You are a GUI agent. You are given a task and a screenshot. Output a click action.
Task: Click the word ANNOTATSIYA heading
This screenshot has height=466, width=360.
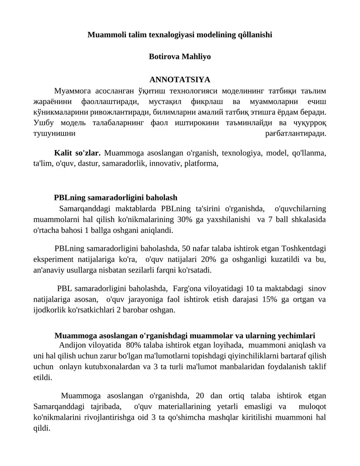pyautogui.click(x=180, y=80)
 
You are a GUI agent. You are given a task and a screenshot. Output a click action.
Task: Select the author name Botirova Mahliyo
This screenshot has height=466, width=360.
pyautogui.click(x=180, y=57)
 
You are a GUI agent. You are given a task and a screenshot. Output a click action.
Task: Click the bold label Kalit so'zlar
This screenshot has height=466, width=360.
pyautogui.click(x=77, y=153)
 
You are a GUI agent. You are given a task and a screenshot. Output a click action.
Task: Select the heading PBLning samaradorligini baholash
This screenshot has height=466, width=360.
pyautogui.click(x=116, y=198)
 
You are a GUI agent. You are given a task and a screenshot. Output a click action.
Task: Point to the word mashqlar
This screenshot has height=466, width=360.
pyautogui.click(x=217, y=417)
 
